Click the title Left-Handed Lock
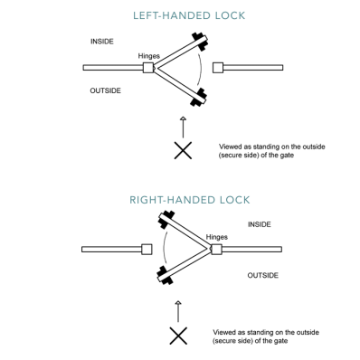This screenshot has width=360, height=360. click(189, 15)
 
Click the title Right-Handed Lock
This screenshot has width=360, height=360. click(190, 200)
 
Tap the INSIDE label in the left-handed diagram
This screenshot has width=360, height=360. click(102, 42)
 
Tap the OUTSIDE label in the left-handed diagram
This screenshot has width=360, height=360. click(106, 90)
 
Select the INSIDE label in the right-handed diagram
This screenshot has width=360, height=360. click(260, 224)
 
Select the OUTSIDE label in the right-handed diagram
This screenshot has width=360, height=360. click(263, 275)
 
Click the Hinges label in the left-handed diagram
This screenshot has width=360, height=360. click(149, 56)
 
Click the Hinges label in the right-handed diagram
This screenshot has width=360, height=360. click(217, 237)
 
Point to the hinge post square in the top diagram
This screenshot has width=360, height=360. click(148, 68)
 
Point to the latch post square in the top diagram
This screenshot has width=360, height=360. click(218, 68)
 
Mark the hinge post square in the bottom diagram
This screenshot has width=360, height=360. click(216, 250)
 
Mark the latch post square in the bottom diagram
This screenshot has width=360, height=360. click(147, 250)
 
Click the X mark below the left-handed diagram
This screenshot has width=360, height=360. click(183, 150)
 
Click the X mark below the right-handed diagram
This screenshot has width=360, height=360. click(178, 336)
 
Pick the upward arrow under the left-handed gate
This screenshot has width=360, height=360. click(183, 128)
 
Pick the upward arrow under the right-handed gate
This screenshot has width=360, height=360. click(178, 311)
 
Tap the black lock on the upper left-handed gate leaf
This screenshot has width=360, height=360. click(200, 42)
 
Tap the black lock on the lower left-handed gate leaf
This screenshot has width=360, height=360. click(199, 97)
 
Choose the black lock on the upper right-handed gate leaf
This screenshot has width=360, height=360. click(166, 220)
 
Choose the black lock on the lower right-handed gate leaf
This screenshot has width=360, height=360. click(165, 275)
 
